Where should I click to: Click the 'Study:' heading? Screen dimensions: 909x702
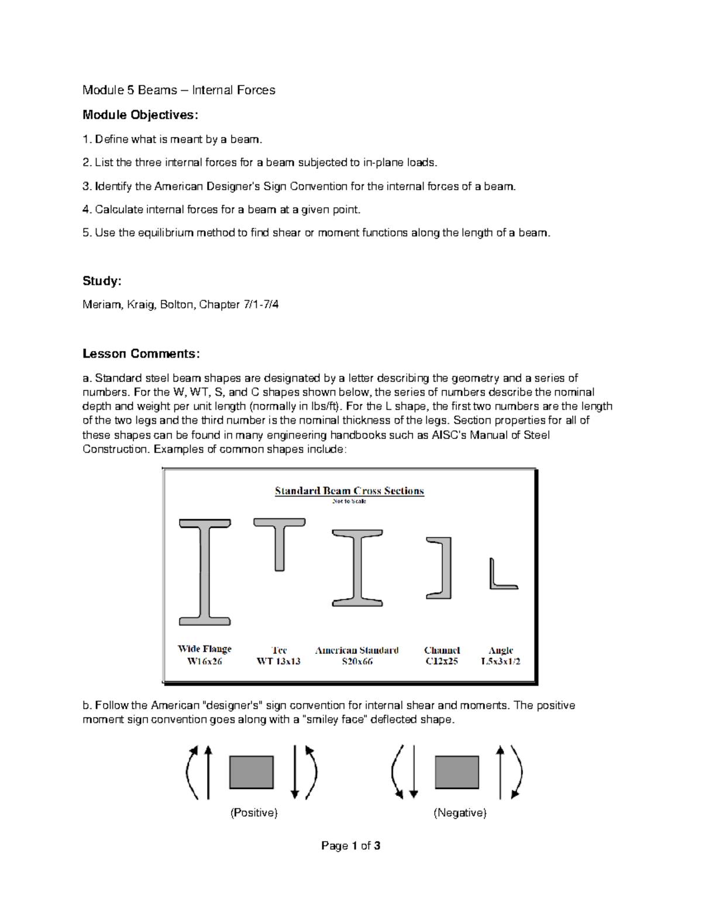(x=102, y=281)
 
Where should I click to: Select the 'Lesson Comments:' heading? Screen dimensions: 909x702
(x=141, y=354)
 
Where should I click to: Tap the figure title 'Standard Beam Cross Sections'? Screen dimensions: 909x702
(x=349, y=490)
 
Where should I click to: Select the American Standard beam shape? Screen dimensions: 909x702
(x=357, y=568)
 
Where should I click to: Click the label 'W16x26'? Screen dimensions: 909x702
(x=205, y=661)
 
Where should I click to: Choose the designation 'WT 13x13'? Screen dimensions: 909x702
(x=278, y=661)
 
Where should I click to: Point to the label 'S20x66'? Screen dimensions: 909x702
(x=357, y=661)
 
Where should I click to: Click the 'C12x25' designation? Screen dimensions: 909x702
(x=442, y=661)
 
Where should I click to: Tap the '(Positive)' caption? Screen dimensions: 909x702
(x=254, y=812)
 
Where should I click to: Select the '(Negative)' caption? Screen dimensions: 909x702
(x=460, y=812)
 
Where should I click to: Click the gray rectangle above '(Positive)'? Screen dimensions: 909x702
(x=252, y=772)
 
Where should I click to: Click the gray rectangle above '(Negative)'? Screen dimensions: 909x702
(x=457, y=772)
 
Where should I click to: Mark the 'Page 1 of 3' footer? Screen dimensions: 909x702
(x=351, y=845)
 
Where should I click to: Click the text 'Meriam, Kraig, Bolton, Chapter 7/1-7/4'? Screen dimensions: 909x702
(x=180, y=304)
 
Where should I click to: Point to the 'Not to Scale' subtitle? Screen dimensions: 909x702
(x=349, y=501)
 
